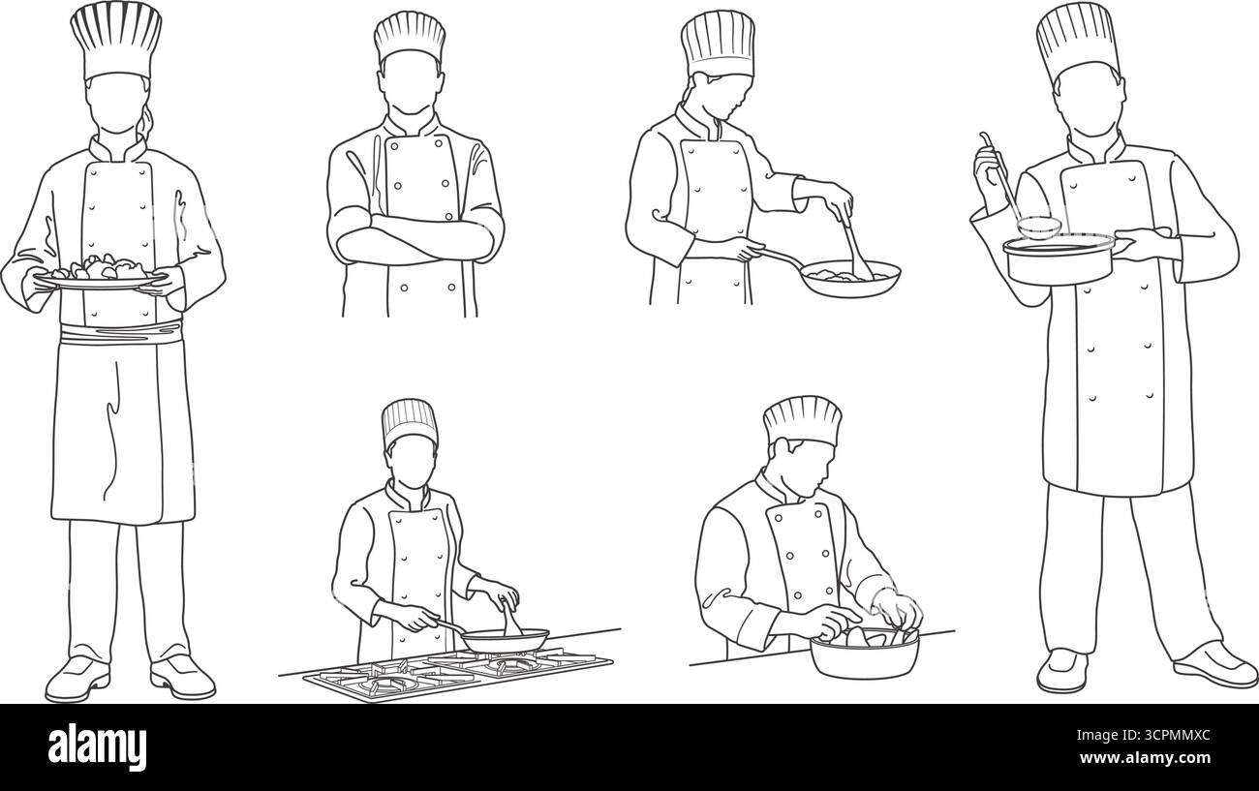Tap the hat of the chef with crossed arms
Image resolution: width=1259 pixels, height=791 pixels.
[x=410, y=39]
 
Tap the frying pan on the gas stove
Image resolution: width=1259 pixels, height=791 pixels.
[x=503, y=639]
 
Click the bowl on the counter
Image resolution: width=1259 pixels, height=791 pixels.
[x=864, y=654]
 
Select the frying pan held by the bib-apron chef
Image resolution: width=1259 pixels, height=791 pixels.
[x=848, y=278]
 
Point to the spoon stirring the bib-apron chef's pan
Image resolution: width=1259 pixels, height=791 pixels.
[x=854, y=250]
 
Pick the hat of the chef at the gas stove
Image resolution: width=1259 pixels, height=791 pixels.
[x=410, y=422]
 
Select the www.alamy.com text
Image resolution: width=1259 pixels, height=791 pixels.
[x=1153, y=760]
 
